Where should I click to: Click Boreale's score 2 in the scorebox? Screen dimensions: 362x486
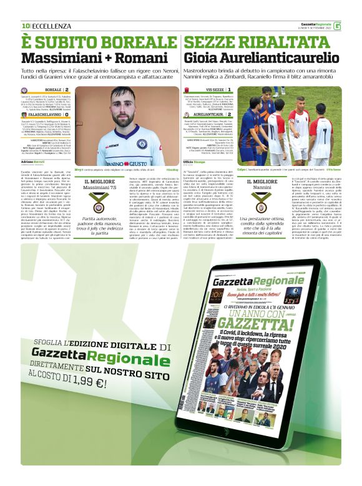tap(67, 90)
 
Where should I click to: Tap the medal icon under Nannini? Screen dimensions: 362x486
tap(262, 206)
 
